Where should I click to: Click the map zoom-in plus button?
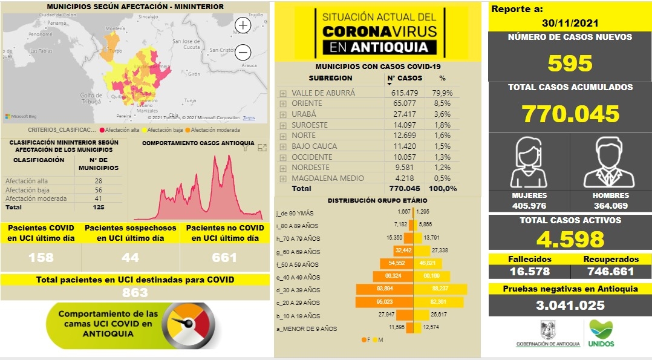(243, 25)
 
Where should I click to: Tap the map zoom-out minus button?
(243, 51)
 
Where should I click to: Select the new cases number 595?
(570, 64)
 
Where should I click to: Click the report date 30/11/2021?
(570, 23)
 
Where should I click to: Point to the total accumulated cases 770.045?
(570, 114)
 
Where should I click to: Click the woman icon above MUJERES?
(529, 163)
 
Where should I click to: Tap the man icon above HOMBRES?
(610, 163)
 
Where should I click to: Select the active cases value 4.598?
(570, 238)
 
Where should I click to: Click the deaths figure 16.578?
(529, 272)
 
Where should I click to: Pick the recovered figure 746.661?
(610, 272)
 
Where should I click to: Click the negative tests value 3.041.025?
(570, 306)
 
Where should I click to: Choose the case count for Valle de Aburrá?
(405, 93)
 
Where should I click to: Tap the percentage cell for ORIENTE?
(443, 103)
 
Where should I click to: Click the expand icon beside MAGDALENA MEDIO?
(283, 178)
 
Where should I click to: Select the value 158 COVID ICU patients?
(41, 257)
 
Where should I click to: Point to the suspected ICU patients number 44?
(130, 257)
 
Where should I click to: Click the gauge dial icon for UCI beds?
(190, 326)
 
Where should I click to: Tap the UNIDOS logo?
(601, 333)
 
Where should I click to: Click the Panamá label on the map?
(56, 23)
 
